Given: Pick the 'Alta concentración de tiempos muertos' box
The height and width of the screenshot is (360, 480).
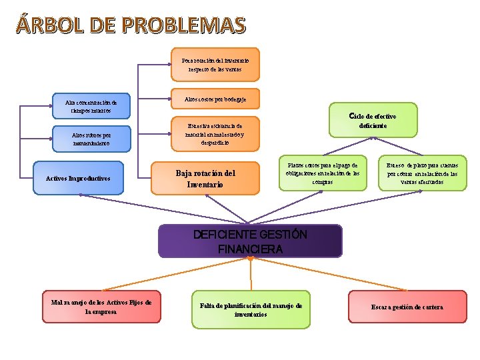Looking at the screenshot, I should tap(91, 107).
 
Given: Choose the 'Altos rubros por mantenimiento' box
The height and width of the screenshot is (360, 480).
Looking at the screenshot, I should tap(91, 139).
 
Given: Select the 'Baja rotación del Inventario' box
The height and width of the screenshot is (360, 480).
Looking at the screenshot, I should tap(205, 179).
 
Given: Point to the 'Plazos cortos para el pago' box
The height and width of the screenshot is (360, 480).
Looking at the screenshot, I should tap(323, 173).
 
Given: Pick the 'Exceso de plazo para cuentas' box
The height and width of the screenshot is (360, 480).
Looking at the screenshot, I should tap(422, 173).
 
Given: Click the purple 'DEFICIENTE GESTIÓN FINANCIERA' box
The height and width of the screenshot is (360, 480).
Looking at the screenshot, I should tap(250, 242).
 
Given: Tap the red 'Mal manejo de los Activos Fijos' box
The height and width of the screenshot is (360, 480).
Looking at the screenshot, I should tap(101, 307).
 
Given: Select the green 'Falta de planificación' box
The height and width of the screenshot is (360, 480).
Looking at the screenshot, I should tap(251, 309).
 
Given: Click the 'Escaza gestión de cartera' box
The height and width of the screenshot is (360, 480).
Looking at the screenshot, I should tap(407, 307).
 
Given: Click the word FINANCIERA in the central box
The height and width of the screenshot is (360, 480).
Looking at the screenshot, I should tap(250, 250).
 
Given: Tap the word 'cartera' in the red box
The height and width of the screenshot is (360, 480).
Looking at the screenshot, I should tap(431, 307).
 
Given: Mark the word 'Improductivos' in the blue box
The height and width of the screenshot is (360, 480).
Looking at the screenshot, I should tap(88, 179).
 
